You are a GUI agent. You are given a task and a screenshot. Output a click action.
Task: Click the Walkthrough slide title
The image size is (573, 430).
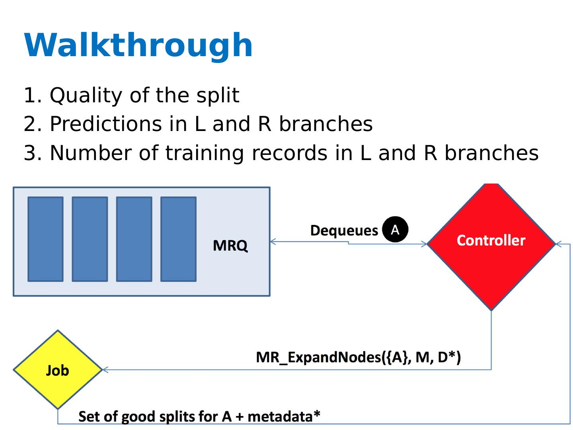[138, 45]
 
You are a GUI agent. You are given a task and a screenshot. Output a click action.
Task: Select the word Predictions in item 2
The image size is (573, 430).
[105, 124]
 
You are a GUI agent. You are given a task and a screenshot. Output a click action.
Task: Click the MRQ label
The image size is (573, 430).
[230, 246]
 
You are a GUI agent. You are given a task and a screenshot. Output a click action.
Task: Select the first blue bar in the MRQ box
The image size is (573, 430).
[45, 239]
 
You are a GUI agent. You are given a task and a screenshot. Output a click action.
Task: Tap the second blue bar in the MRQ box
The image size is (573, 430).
[90, 239]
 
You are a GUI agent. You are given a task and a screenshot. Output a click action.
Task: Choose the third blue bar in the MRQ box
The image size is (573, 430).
[134, 239]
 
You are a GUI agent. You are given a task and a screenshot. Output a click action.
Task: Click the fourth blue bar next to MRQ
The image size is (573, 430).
[178, 239]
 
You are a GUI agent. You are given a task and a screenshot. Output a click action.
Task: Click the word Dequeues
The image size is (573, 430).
[344, 231]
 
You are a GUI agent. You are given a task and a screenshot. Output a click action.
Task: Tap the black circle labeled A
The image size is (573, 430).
[395, 229]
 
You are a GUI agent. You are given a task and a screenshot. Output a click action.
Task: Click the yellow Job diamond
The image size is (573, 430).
[58, 370]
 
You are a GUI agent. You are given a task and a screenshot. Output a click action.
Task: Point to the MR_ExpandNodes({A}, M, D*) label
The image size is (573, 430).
[358, 357]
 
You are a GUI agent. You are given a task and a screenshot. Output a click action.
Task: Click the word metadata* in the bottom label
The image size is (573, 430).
[284, 416]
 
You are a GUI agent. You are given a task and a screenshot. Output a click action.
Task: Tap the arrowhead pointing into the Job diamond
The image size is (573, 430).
[105, 369]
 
